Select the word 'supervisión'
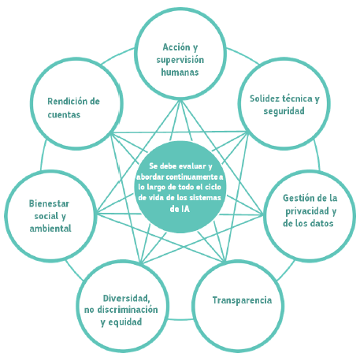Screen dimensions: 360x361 (x=180, y=61)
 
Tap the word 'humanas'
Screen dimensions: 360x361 (x=180, y=72)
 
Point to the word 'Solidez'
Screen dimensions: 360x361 (x=265, y=99)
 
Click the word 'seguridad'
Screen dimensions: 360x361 (x=284, y=111)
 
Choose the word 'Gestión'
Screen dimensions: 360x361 (x=297, y=198)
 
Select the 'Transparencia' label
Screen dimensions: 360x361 (x=242, y=300)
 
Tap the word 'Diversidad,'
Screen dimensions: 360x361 (x=127, y=299)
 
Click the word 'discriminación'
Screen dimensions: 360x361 (x=128, y=310)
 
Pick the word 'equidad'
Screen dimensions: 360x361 (x=125, y=322)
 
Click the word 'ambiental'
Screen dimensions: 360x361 (x=50, y=229)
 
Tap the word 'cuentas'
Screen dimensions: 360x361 (x=64, y=115)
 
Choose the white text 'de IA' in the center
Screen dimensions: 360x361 (x=180, y=209)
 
